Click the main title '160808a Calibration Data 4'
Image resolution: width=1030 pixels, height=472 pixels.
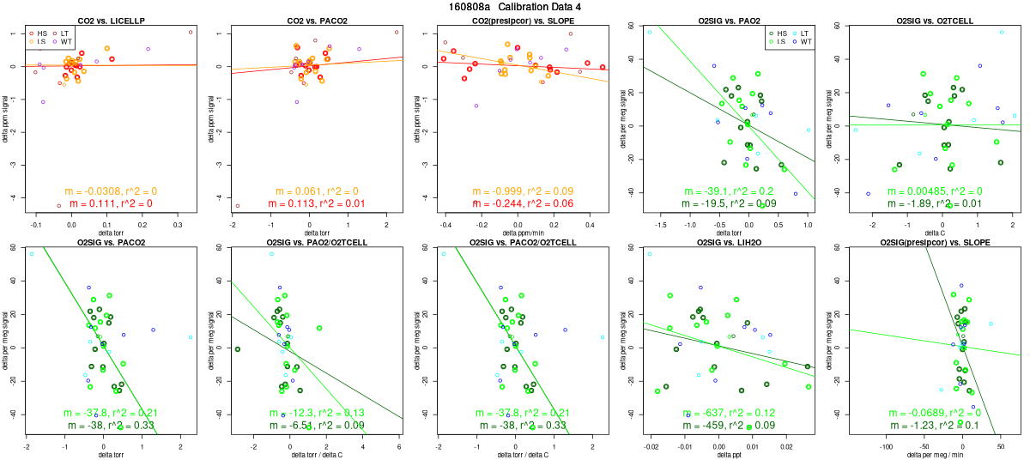(515, 7)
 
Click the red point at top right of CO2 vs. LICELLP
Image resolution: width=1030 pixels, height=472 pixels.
(191, 32)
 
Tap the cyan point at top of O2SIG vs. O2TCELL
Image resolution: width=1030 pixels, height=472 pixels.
(1002, 32)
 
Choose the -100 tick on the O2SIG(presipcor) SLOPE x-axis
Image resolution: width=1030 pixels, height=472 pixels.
(887, 447)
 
